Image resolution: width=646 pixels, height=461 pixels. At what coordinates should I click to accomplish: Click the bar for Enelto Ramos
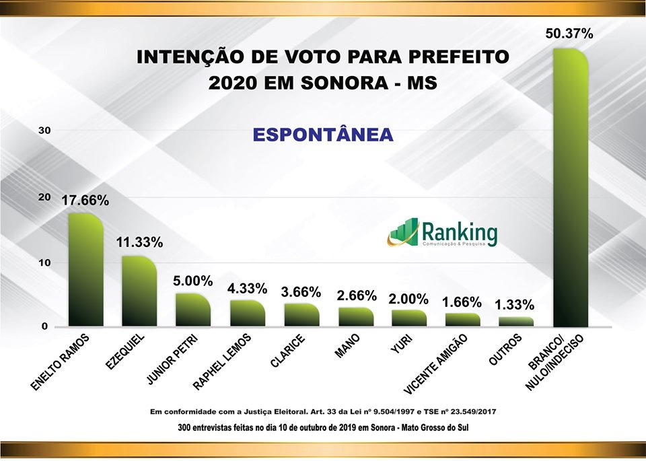pyautogui.click(x=85, y=270)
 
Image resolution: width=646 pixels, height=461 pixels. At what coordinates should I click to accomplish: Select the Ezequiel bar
pyautogui.click(x=139, y=291)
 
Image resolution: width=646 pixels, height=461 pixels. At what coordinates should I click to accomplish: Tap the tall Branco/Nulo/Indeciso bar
pyautogui.click(x=570, y=188)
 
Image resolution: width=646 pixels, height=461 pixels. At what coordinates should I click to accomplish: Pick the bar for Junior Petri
pyautogui.click(x=193, y=310)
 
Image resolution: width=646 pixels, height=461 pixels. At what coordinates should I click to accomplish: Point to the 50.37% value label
pyautogui.click(x=569, y=34)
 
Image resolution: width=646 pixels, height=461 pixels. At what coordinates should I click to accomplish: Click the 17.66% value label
pyautogui.click(x=85, y=201)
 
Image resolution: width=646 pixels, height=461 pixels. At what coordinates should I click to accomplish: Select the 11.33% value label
pyautogui.click(x=139, y=243)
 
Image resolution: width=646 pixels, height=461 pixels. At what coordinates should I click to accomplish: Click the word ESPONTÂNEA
pyautogui.click(x=323, y=135)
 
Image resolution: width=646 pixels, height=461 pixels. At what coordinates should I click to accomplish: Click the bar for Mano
pyautogui.click(x=355, y=317)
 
